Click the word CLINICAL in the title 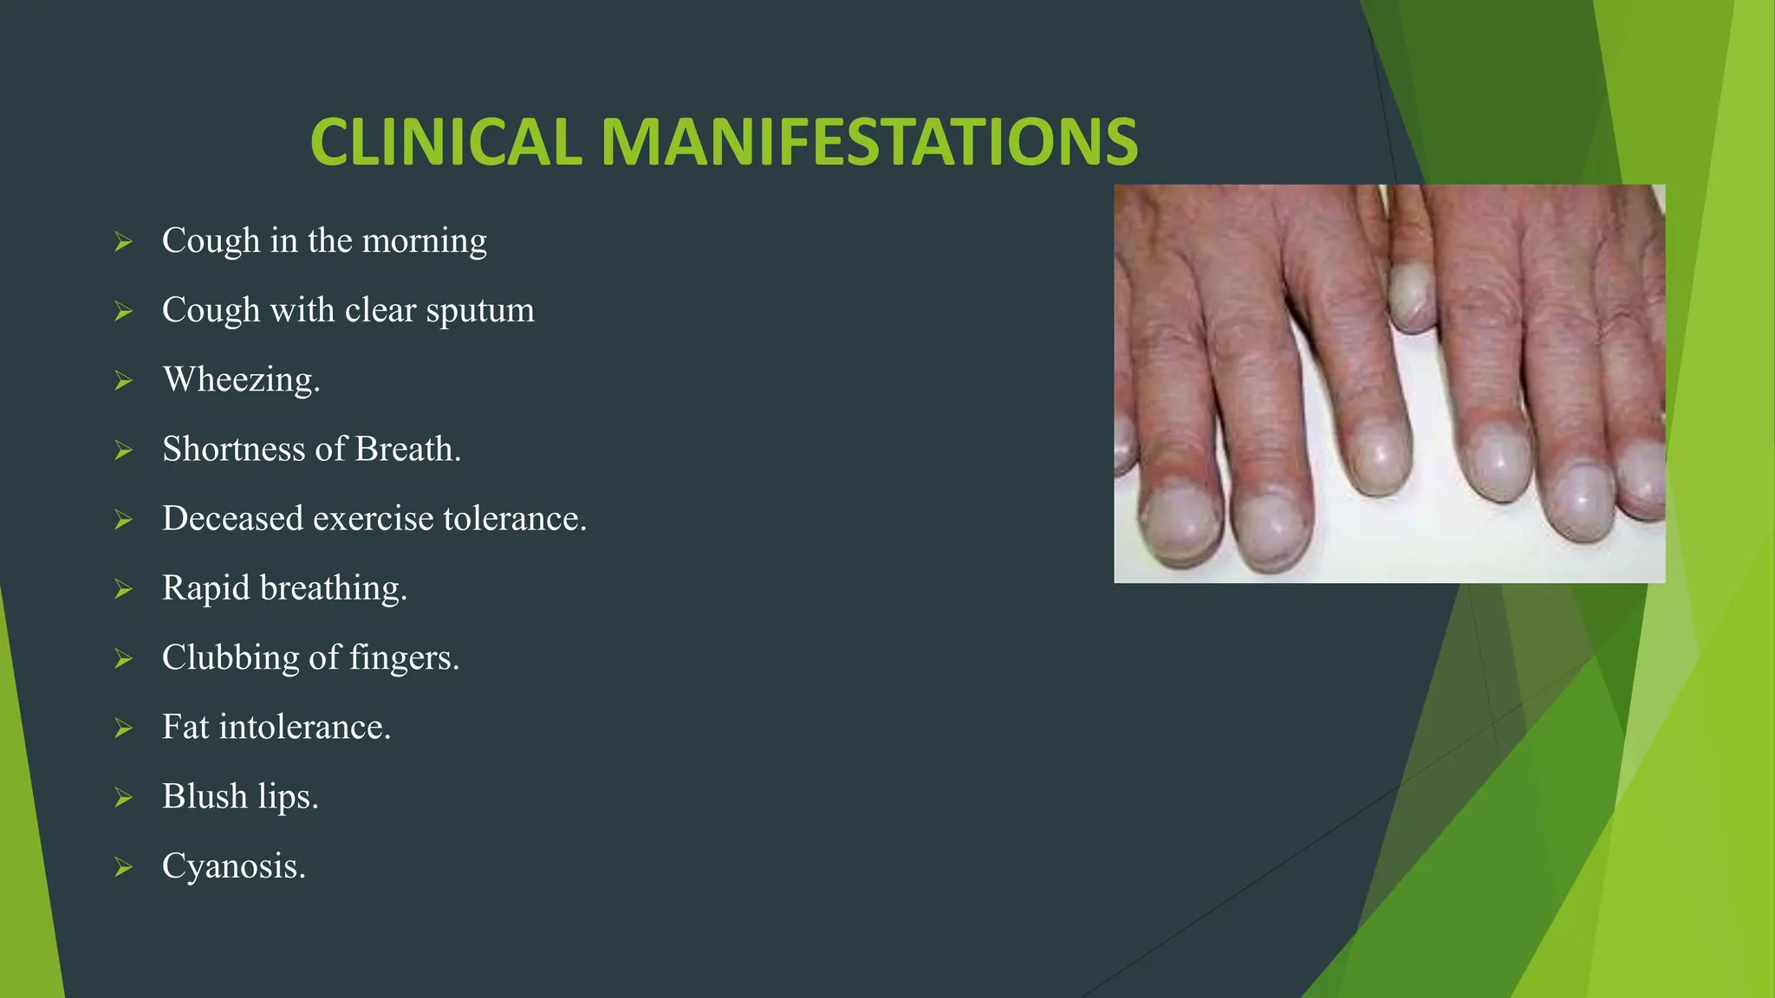click(x=445, y=142)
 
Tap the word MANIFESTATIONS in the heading click(x=869, y=142)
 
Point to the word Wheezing click(x=241, y=380)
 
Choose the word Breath click(x=407, y=449)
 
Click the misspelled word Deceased click(x=232, y=518)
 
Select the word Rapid click(x=205, y=587)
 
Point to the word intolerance click(x=304, y=727)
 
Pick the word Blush click(x=205, y=796)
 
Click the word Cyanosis click(x=233, y=866)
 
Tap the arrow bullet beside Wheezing click(x=123, y=380)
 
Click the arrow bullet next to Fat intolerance click(x=123, y=728)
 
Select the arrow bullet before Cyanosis click(x=123, y=866)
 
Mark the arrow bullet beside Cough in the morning click(x=123, y=242)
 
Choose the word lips click(x=288, y=797)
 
